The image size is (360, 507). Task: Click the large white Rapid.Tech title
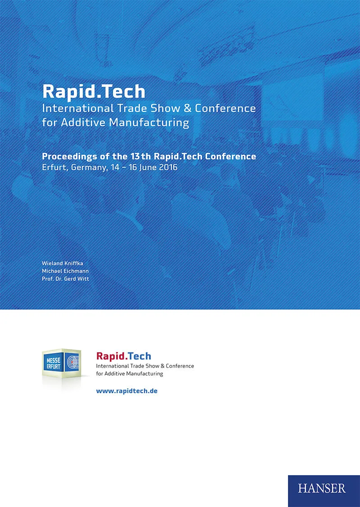(94, 91)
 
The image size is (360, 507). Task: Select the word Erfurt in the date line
(53, 167)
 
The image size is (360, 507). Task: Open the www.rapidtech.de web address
(126, 391)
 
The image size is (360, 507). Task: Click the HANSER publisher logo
(322, 489)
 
